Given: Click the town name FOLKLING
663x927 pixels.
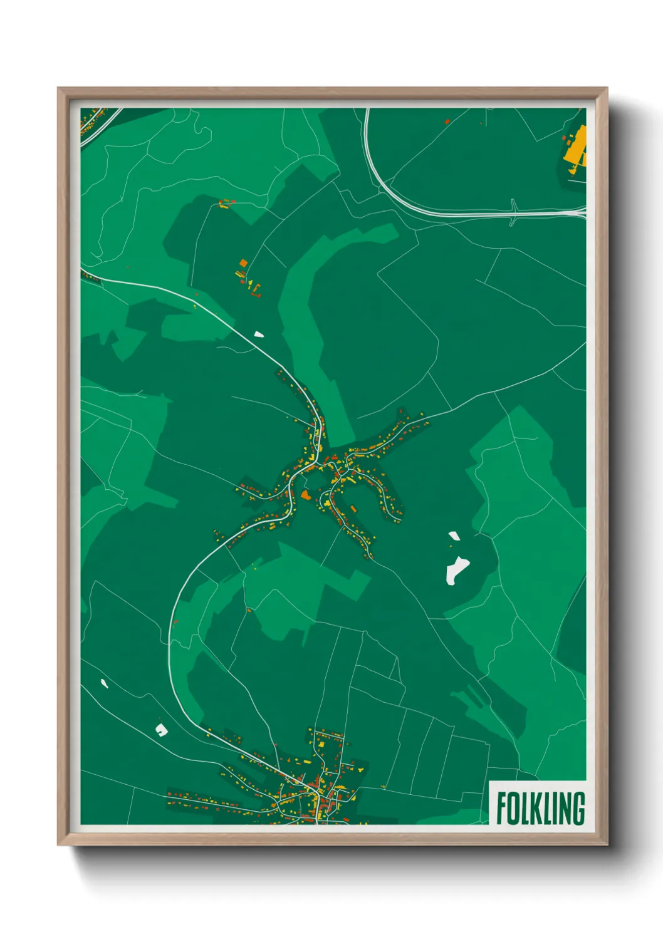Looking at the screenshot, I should tap(540, 808).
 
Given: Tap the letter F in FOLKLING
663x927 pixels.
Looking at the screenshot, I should tap(501, 808).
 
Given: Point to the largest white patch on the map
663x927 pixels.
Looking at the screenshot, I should tap(457, 569).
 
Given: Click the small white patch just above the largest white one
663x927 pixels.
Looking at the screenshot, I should tap(454, 536).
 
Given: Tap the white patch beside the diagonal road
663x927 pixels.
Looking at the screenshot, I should tap(259, 334).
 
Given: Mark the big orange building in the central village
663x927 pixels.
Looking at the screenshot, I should tap(306, 495).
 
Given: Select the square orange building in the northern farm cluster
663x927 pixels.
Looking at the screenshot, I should tap(244, 262).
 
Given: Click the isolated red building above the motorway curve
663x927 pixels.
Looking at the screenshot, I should tap(447, 122).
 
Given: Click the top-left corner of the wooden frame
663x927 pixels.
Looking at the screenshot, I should tap(59, 89).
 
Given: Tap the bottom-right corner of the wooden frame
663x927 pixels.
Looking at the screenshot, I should tap(607, 844).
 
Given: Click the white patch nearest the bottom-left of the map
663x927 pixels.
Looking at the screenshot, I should tap(161, 729).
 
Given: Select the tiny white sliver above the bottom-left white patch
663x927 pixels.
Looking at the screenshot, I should tap(104, 683).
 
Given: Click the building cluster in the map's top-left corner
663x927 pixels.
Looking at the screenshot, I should tap(91, 122).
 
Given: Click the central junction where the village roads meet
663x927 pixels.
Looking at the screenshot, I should tap(320, 464).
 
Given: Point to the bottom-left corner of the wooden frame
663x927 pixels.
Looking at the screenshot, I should tap(59, 844).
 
